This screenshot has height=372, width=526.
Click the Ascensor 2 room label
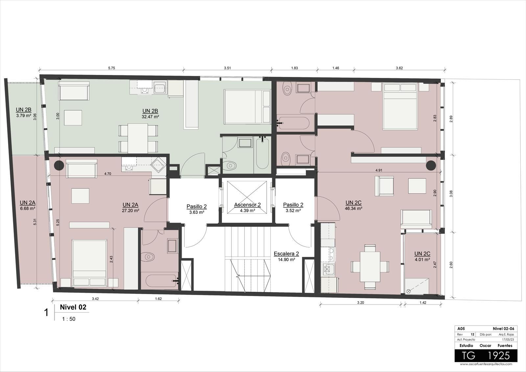tap(247, 205)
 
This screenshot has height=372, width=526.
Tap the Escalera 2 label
tap(286, 254)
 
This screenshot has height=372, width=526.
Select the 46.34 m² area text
tap(353, 209)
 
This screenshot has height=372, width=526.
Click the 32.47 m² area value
tap(150, 116)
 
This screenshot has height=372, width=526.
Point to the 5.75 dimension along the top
tap(111, 68)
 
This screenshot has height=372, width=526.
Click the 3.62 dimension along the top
tap(399, 68)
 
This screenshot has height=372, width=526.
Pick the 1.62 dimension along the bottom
tap(158, 299)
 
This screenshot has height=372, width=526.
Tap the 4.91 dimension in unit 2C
tap(379, 170)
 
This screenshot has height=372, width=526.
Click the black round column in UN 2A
tap(59, 165)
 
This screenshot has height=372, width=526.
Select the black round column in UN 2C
tap(431, 165)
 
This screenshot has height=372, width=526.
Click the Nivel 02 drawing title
tap(73, 308)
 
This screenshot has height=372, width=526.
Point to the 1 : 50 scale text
tap(69, 319)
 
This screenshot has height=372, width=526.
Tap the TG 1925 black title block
tap(486, 356)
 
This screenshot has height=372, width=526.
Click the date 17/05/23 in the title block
tap(508, 339)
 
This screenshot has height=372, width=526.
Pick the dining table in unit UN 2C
tap(370, 266)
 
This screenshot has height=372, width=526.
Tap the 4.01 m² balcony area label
tap(422, 260)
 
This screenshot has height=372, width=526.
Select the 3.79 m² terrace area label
tap(23, 116)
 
